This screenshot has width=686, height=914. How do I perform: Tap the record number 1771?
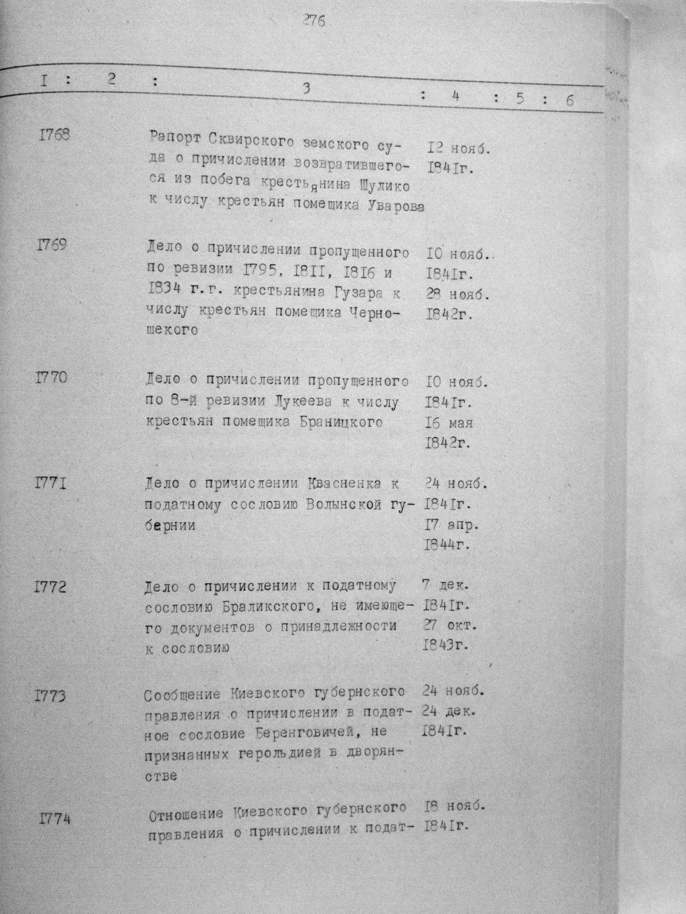tap(51, 483)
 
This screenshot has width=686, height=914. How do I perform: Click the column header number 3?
tap(306, 89)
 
